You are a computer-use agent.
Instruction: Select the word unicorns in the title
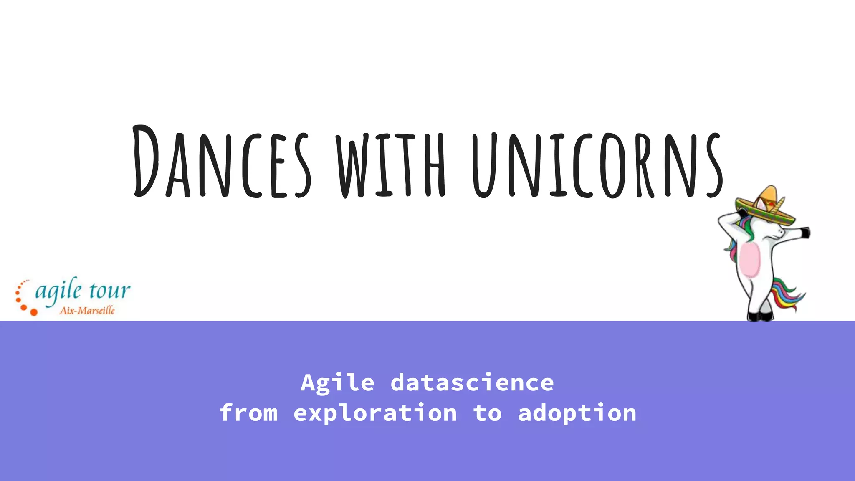pos(597,165)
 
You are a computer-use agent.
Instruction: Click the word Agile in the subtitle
pos(337,382)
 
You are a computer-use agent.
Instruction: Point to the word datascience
pos(472,382)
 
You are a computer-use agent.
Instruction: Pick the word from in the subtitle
pos(249,413)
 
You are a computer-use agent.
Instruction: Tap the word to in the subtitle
pos(487,413)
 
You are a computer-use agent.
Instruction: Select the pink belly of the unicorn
pos(749,261)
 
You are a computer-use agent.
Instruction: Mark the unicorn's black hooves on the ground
pos(760,316)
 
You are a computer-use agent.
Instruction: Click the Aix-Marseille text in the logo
pos(87,310)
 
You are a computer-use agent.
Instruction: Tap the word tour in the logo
pos(109,290)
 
